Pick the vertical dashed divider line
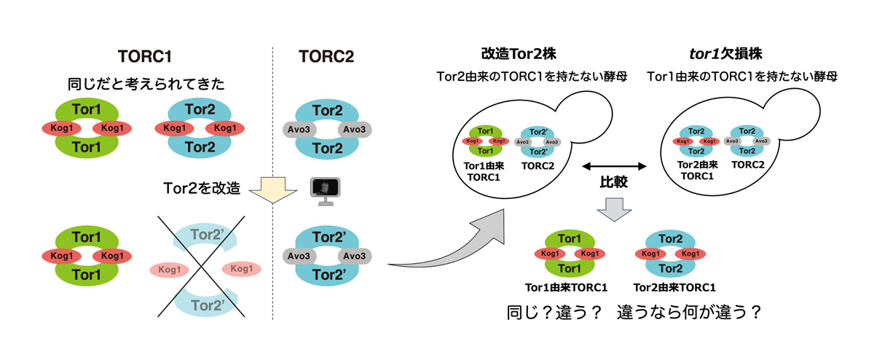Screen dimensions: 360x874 tap(272, 182)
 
